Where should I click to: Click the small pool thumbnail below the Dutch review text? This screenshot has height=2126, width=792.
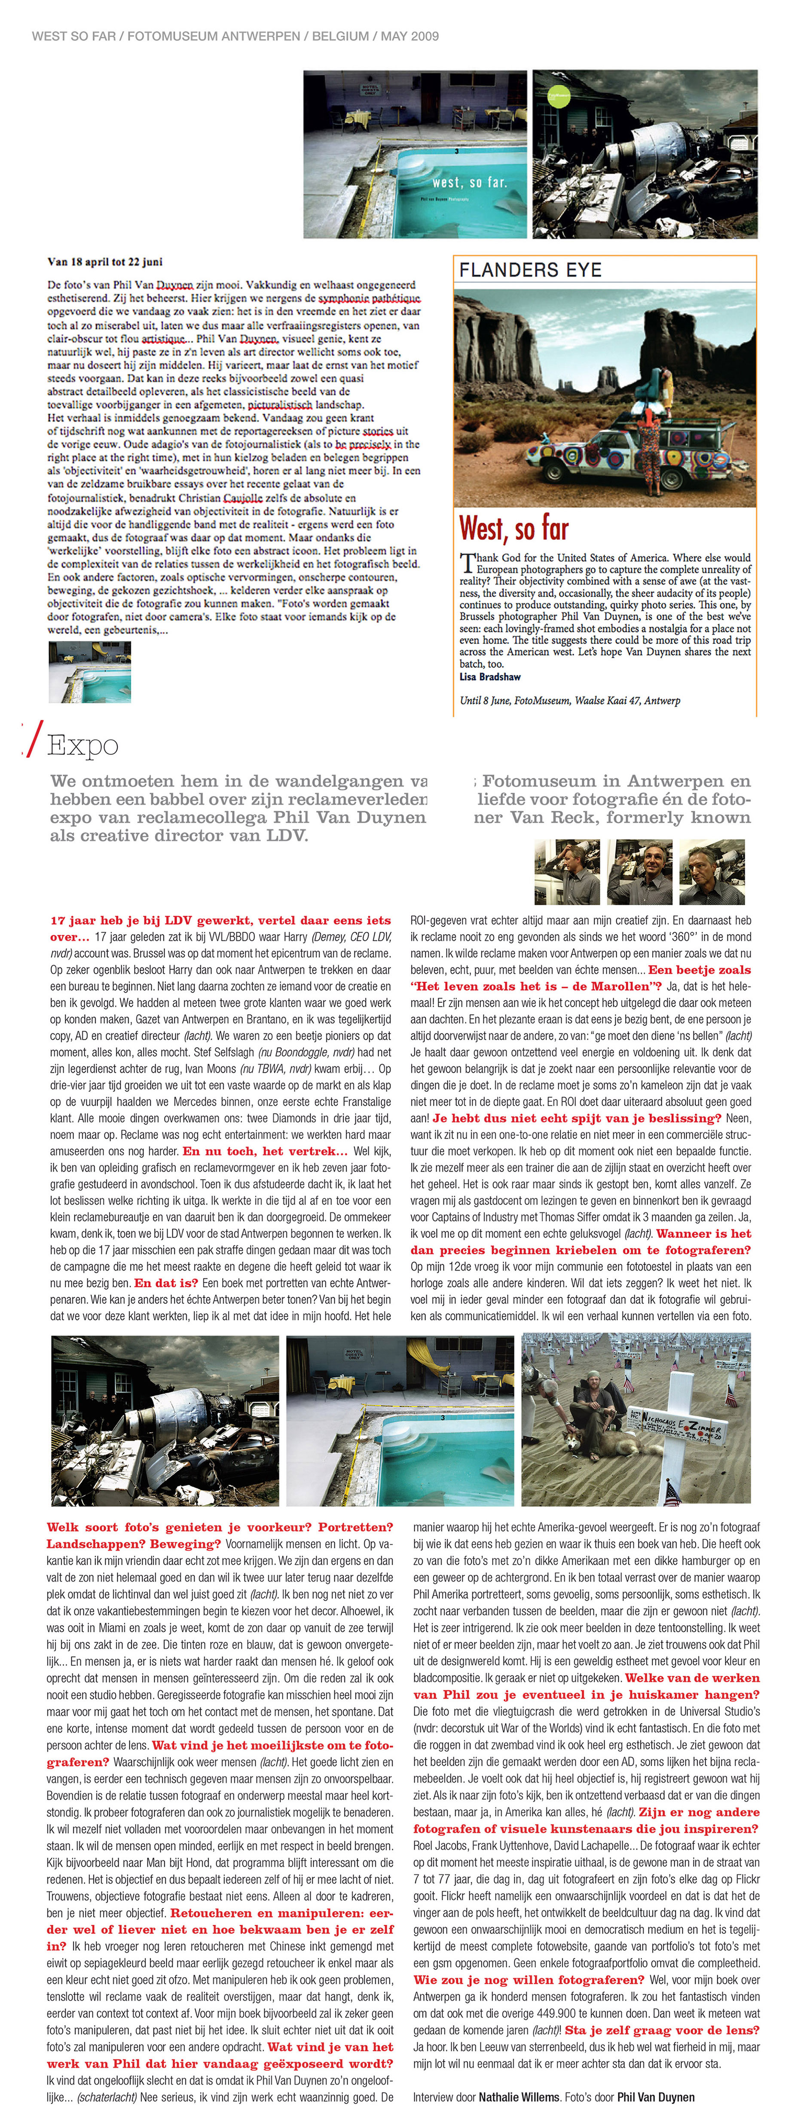point(90,672)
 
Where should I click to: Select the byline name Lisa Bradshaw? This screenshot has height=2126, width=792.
point(490,677)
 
